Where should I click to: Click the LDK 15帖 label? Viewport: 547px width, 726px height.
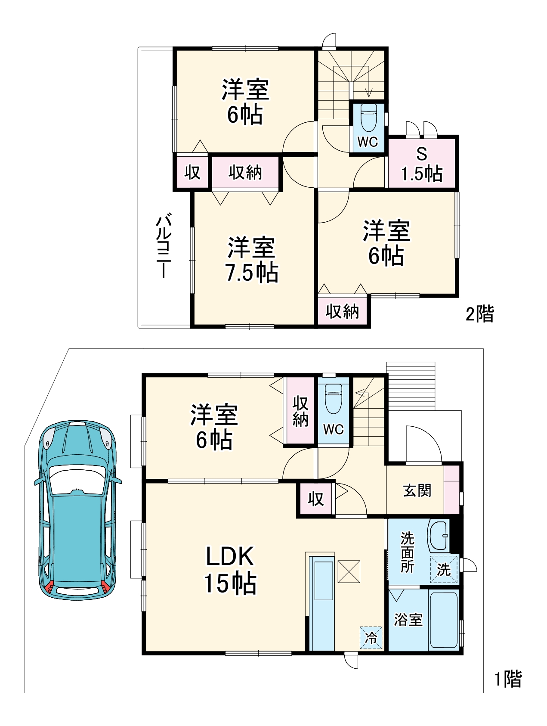point(230,569)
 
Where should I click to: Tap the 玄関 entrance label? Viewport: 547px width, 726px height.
point(417,490)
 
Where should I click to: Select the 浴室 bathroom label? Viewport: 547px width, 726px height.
point(408,619)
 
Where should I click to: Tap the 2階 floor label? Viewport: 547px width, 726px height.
point(479,314)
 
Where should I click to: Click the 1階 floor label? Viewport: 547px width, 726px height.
point(508,679)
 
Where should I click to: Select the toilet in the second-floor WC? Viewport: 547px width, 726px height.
point(368,117)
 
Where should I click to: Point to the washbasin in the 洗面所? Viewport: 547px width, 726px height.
point(439,536)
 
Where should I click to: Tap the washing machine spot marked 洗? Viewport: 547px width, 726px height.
point(444,569)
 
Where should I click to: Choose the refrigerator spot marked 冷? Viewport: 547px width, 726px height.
point(371,637)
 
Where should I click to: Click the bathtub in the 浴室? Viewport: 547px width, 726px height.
point(443,620)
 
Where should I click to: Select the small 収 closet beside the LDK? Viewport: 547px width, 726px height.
point(315,499)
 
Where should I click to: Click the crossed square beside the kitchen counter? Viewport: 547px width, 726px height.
point(349,571)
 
